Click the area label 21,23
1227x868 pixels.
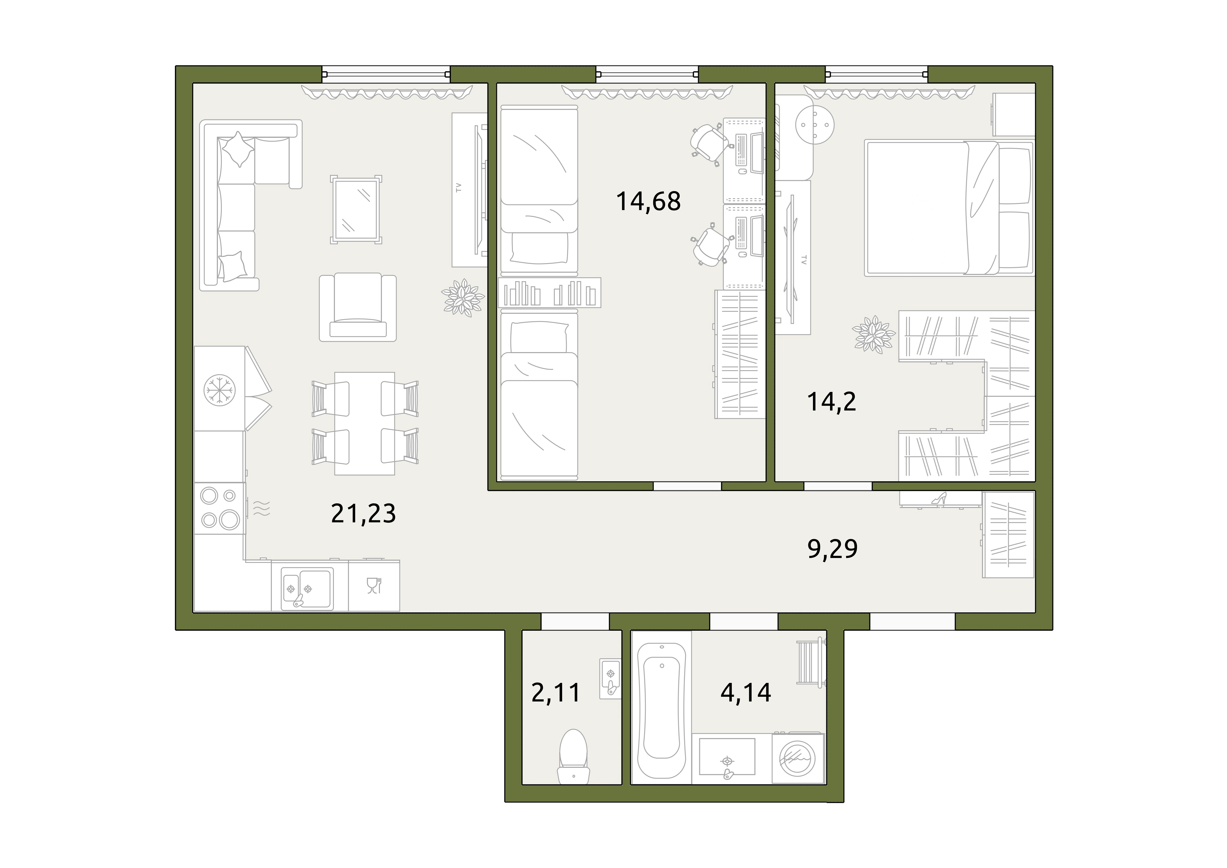click(x=363, y=514)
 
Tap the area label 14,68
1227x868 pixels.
click(x=648, y=201)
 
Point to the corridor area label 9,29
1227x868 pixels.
click(x=832, y=549)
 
